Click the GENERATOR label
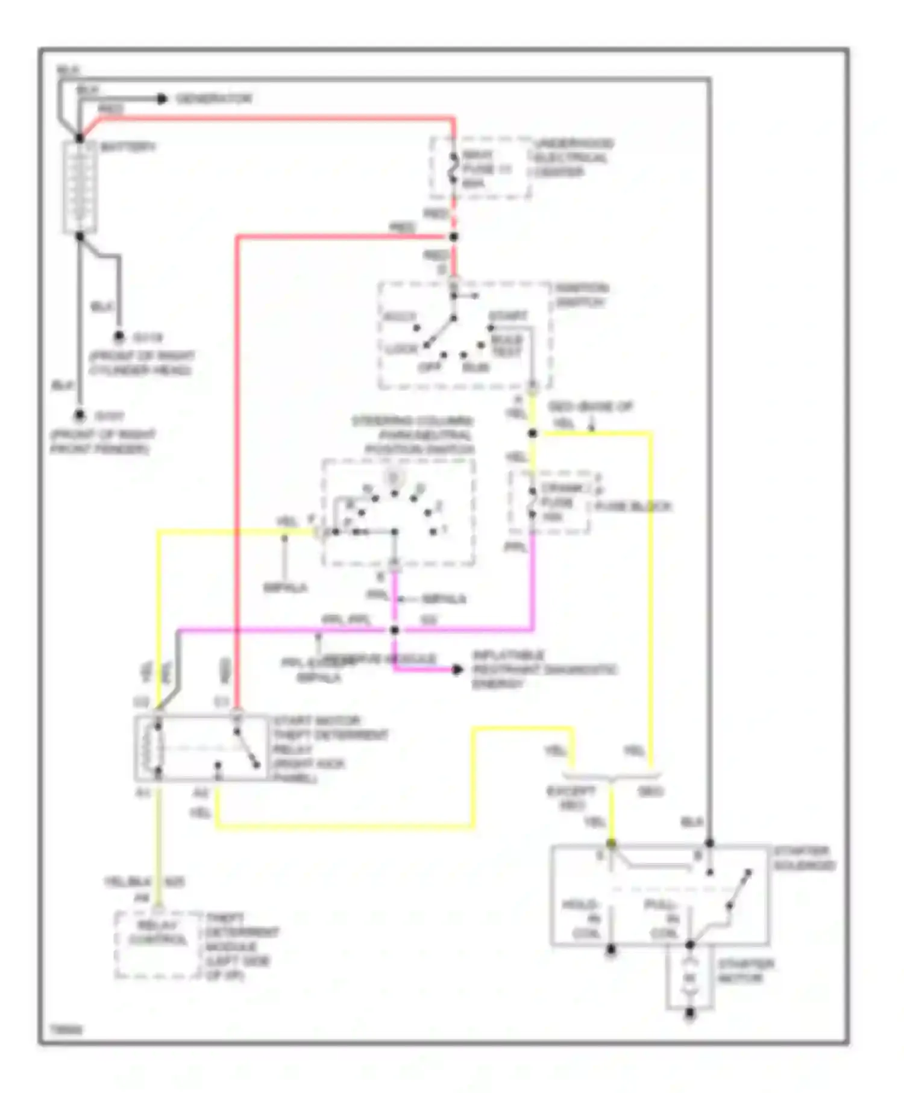click(214, 99)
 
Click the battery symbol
click(80, 187)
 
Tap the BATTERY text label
click(128, 147)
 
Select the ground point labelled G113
click(119, 337)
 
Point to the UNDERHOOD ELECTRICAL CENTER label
click(573, 158)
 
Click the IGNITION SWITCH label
click(582, 295)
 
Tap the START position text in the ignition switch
click(508, 316)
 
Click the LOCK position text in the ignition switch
click(402, 349)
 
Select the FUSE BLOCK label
click(633, 507)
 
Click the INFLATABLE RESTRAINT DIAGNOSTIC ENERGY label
click(542, 669)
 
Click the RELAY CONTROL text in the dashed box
click(158, 933)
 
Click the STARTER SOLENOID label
click(804, 858)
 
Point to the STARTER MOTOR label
click(745, 971)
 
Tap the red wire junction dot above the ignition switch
click(454, 237)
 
